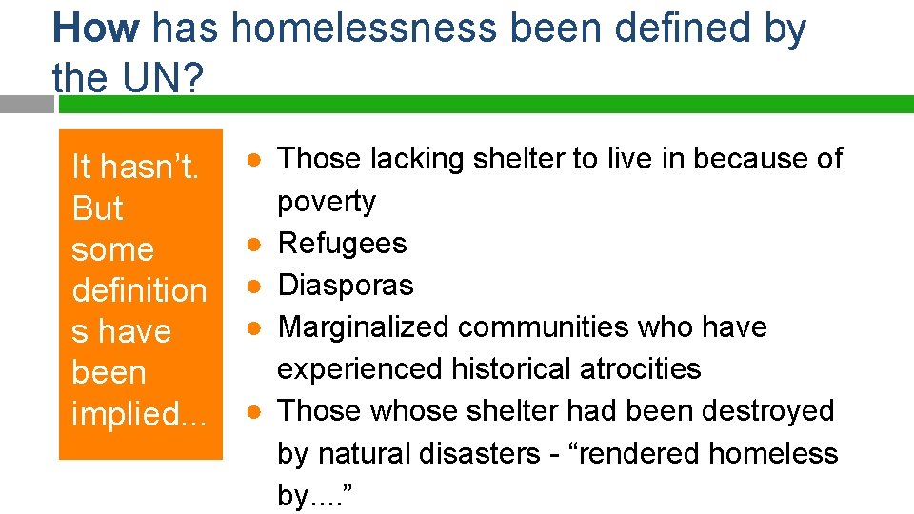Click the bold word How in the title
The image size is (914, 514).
(x=96, y=29)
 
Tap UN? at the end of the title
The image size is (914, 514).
(x=156, y=79)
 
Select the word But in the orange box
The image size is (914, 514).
(x=97, y=208)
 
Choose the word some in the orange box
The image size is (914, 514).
(x=112, y=249)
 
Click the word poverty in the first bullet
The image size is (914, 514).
(x=326, y=201)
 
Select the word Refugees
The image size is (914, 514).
(x=342, y=243)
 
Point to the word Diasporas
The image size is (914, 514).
(x=346, y=285)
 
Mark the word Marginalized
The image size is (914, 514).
(x=363, y=326)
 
